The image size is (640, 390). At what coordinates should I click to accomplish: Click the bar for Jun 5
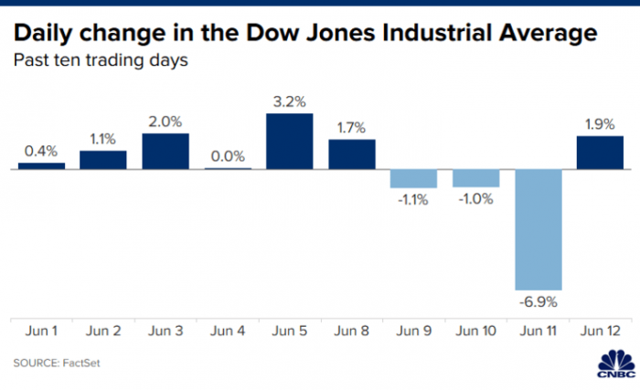coord(290,142)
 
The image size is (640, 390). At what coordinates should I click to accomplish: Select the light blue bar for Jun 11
coord(539,229)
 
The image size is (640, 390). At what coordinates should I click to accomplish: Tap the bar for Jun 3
coord(165,152)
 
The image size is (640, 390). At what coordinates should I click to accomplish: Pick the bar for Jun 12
coord(600,153)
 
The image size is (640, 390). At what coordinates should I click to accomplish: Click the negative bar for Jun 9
coord(413,178)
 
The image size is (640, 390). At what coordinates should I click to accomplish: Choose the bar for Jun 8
coord(352,154)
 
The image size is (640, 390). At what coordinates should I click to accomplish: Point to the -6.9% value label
coord(539,300)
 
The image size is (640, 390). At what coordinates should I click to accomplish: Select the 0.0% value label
coord(228,157)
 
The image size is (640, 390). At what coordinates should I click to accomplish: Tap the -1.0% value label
coord(476,198)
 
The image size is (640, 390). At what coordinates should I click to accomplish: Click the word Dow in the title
coord(266,34)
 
